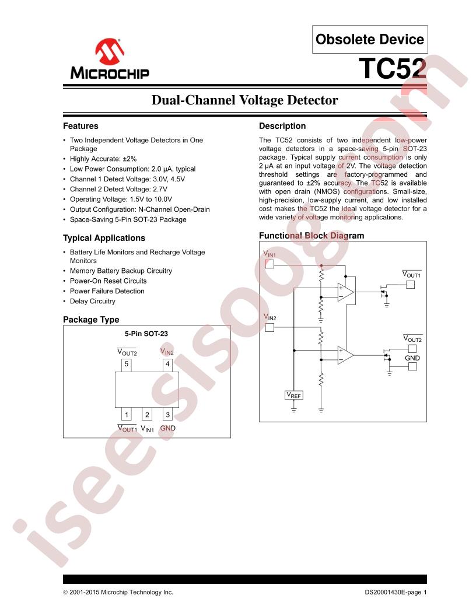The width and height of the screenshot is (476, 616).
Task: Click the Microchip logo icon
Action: pos(110,51)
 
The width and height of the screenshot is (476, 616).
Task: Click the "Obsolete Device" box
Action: pos(370,39)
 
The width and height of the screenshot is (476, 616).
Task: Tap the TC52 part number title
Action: pos(393,69)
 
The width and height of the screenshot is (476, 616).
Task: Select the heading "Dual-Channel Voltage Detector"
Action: pos(244,100)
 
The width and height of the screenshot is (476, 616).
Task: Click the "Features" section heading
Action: pos(80,126)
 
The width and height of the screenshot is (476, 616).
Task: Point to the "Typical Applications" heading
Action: pos(104,238)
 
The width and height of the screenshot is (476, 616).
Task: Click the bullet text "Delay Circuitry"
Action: pos(93,302)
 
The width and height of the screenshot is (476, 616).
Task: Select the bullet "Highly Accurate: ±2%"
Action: pos(103,159)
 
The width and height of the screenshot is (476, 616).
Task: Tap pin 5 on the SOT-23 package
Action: pos(126,365)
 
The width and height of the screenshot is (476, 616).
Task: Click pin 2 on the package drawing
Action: pos(147,414)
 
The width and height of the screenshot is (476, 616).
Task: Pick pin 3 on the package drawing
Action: pos(167,414)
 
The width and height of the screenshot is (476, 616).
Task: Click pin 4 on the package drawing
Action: pos(167,365)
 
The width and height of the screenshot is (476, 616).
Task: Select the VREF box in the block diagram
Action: pos(294,395)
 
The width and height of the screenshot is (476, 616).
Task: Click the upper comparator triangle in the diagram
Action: pos(345,292)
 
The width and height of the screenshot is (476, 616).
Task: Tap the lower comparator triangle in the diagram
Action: pos(345,355)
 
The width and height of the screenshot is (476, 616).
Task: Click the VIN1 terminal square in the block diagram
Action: pos(269,264)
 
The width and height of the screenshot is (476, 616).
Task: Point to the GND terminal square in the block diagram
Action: pos(412,366)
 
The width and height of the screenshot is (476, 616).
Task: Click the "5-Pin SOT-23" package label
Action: pos(146,334)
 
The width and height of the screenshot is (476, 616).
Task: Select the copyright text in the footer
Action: pos(118,592)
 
